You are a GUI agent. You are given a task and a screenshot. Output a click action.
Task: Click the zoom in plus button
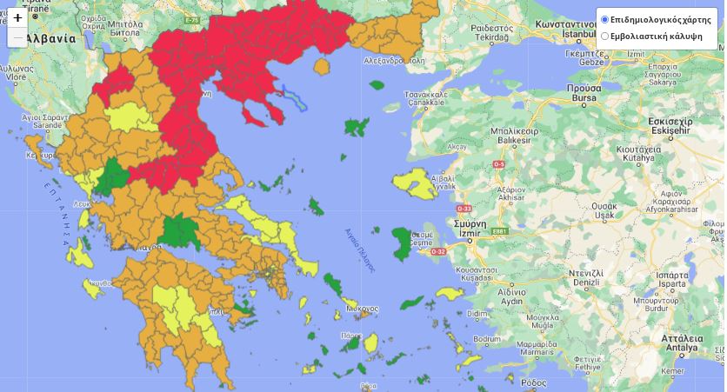point(17,17)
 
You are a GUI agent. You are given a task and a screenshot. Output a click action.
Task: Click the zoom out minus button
point(17,37)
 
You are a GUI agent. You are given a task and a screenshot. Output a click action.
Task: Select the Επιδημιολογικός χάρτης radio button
point(605,19)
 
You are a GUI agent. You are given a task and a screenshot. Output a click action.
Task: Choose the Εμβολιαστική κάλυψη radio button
point(605,36)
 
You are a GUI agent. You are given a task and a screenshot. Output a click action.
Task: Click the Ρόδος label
point(533,382)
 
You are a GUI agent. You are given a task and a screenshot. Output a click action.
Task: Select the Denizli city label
point(587,282)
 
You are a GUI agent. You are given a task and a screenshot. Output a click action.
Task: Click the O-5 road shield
point(499,164)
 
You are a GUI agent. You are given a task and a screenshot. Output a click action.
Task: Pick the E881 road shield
point(498,231)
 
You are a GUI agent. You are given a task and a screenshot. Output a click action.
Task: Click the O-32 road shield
point(462,252)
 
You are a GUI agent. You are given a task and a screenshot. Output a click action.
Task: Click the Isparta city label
point(672,285)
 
